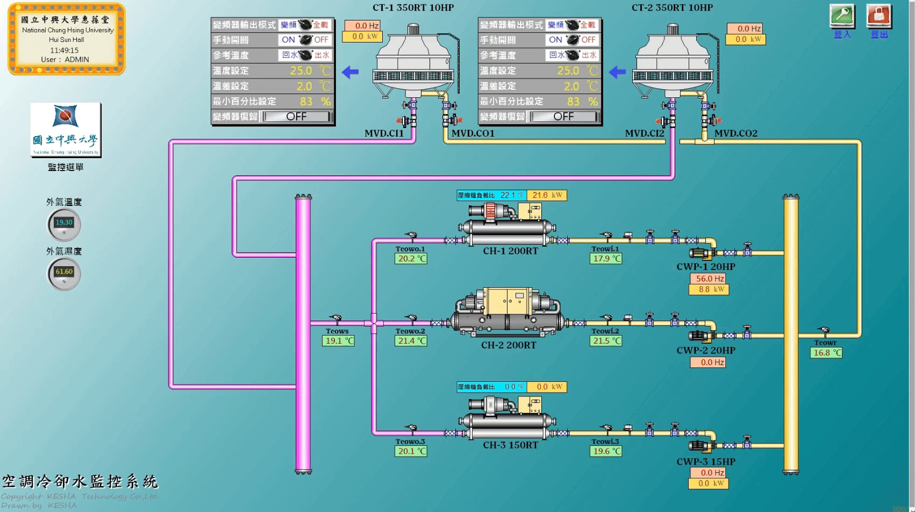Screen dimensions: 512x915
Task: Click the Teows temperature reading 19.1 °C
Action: click(339, 340)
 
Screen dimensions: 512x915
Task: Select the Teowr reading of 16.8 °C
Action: click(826, 353)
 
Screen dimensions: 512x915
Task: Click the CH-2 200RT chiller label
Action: click(509, 345)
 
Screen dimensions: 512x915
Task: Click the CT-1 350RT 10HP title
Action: click(413, 8)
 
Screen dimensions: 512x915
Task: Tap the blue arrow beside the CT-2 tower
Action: click(617, 72)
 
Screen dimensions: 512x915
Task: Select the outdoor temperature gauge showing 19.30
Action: click(64, 224)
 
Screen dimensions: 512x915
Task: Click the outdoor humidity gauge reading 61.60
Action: click(64, 273)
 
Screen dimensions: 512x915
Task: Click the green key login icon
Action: click(842, 16)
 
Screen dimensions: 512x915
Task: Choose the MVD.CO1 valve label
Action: click(473, 133)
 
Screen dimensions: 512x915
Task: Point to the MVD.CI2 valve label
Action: click(644, 133)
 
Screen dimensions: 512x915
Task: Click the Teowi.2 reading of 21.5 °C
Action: click(606, 340)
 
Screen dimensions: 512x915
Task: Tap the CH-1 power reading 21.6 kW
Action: click(547, 195)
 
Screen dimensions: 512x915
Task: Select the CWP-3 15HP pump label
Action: click(705, 461)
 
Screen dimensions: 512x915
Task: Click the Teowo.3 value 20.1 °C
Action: click(411, 451)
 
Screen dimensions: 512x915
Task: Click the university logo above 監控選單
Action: click(66, 130)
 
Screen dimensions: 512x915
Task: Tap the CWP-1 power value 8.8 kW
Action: click(709, 289)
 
